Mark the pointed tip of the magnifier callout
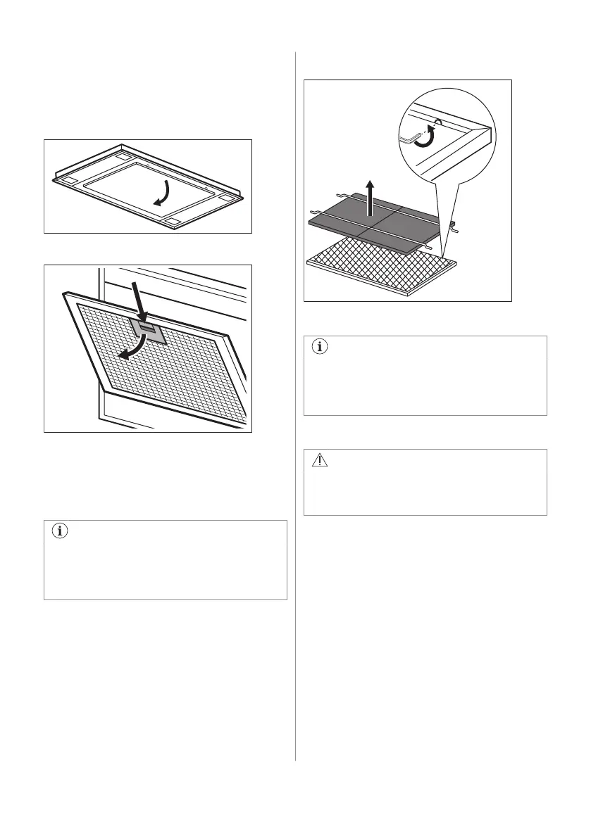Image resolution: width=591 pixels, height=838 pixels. coord(443,255)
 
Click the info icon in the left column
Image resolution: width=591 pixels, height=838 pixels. coord(59,532)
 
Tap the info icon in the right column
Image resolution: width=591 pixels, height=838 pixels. coord(319,348)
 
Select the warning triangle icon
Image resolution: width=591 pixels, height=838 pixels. coord(319,461)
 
